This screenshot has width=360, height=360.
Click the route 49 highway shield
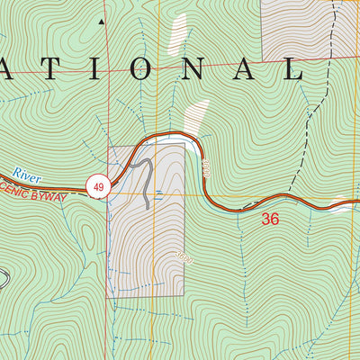(x=97, y=186)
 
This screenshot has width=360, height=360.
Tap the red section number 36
(x=270, y=219)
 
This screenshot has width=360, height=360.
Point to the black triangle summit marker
(x=102, y=20)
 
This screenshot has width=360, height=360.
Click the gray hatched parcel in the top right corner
(x=297, y=27)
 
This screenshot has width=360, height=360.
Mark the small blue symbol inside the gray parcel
(x=158, y=192)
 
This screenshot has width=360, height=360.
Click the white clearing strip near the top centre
(x=179, y=36)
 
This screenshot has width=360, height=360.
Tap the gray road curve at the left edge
(x=4, y=279)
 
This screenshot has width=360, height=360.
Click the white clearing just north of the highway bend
(x=195, y=117)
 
